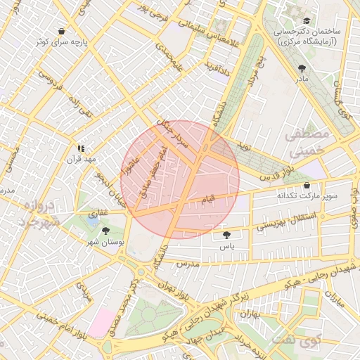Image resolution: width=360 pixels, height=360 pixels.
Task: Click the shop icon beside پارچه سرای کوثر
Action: tap(62, 31)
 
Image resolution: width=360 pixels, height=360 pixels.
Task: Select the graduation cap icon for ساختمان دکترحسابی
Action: tap(306, 21)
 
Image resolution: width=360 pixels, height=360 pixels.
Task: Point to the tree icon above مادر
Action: tap(302, 68)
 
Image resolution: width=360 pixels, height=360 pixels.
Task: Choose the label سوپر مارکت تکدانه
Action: tap(307, 195)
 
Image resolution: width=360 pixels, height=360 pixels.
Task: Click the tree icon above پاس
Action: tap(226, 236)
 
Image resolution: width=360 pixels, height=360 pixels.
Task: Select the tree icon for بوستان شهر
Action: tap(105, 231)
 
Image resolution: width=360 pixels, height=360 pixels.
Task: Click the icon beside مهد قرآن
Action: tap(81, 148)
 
